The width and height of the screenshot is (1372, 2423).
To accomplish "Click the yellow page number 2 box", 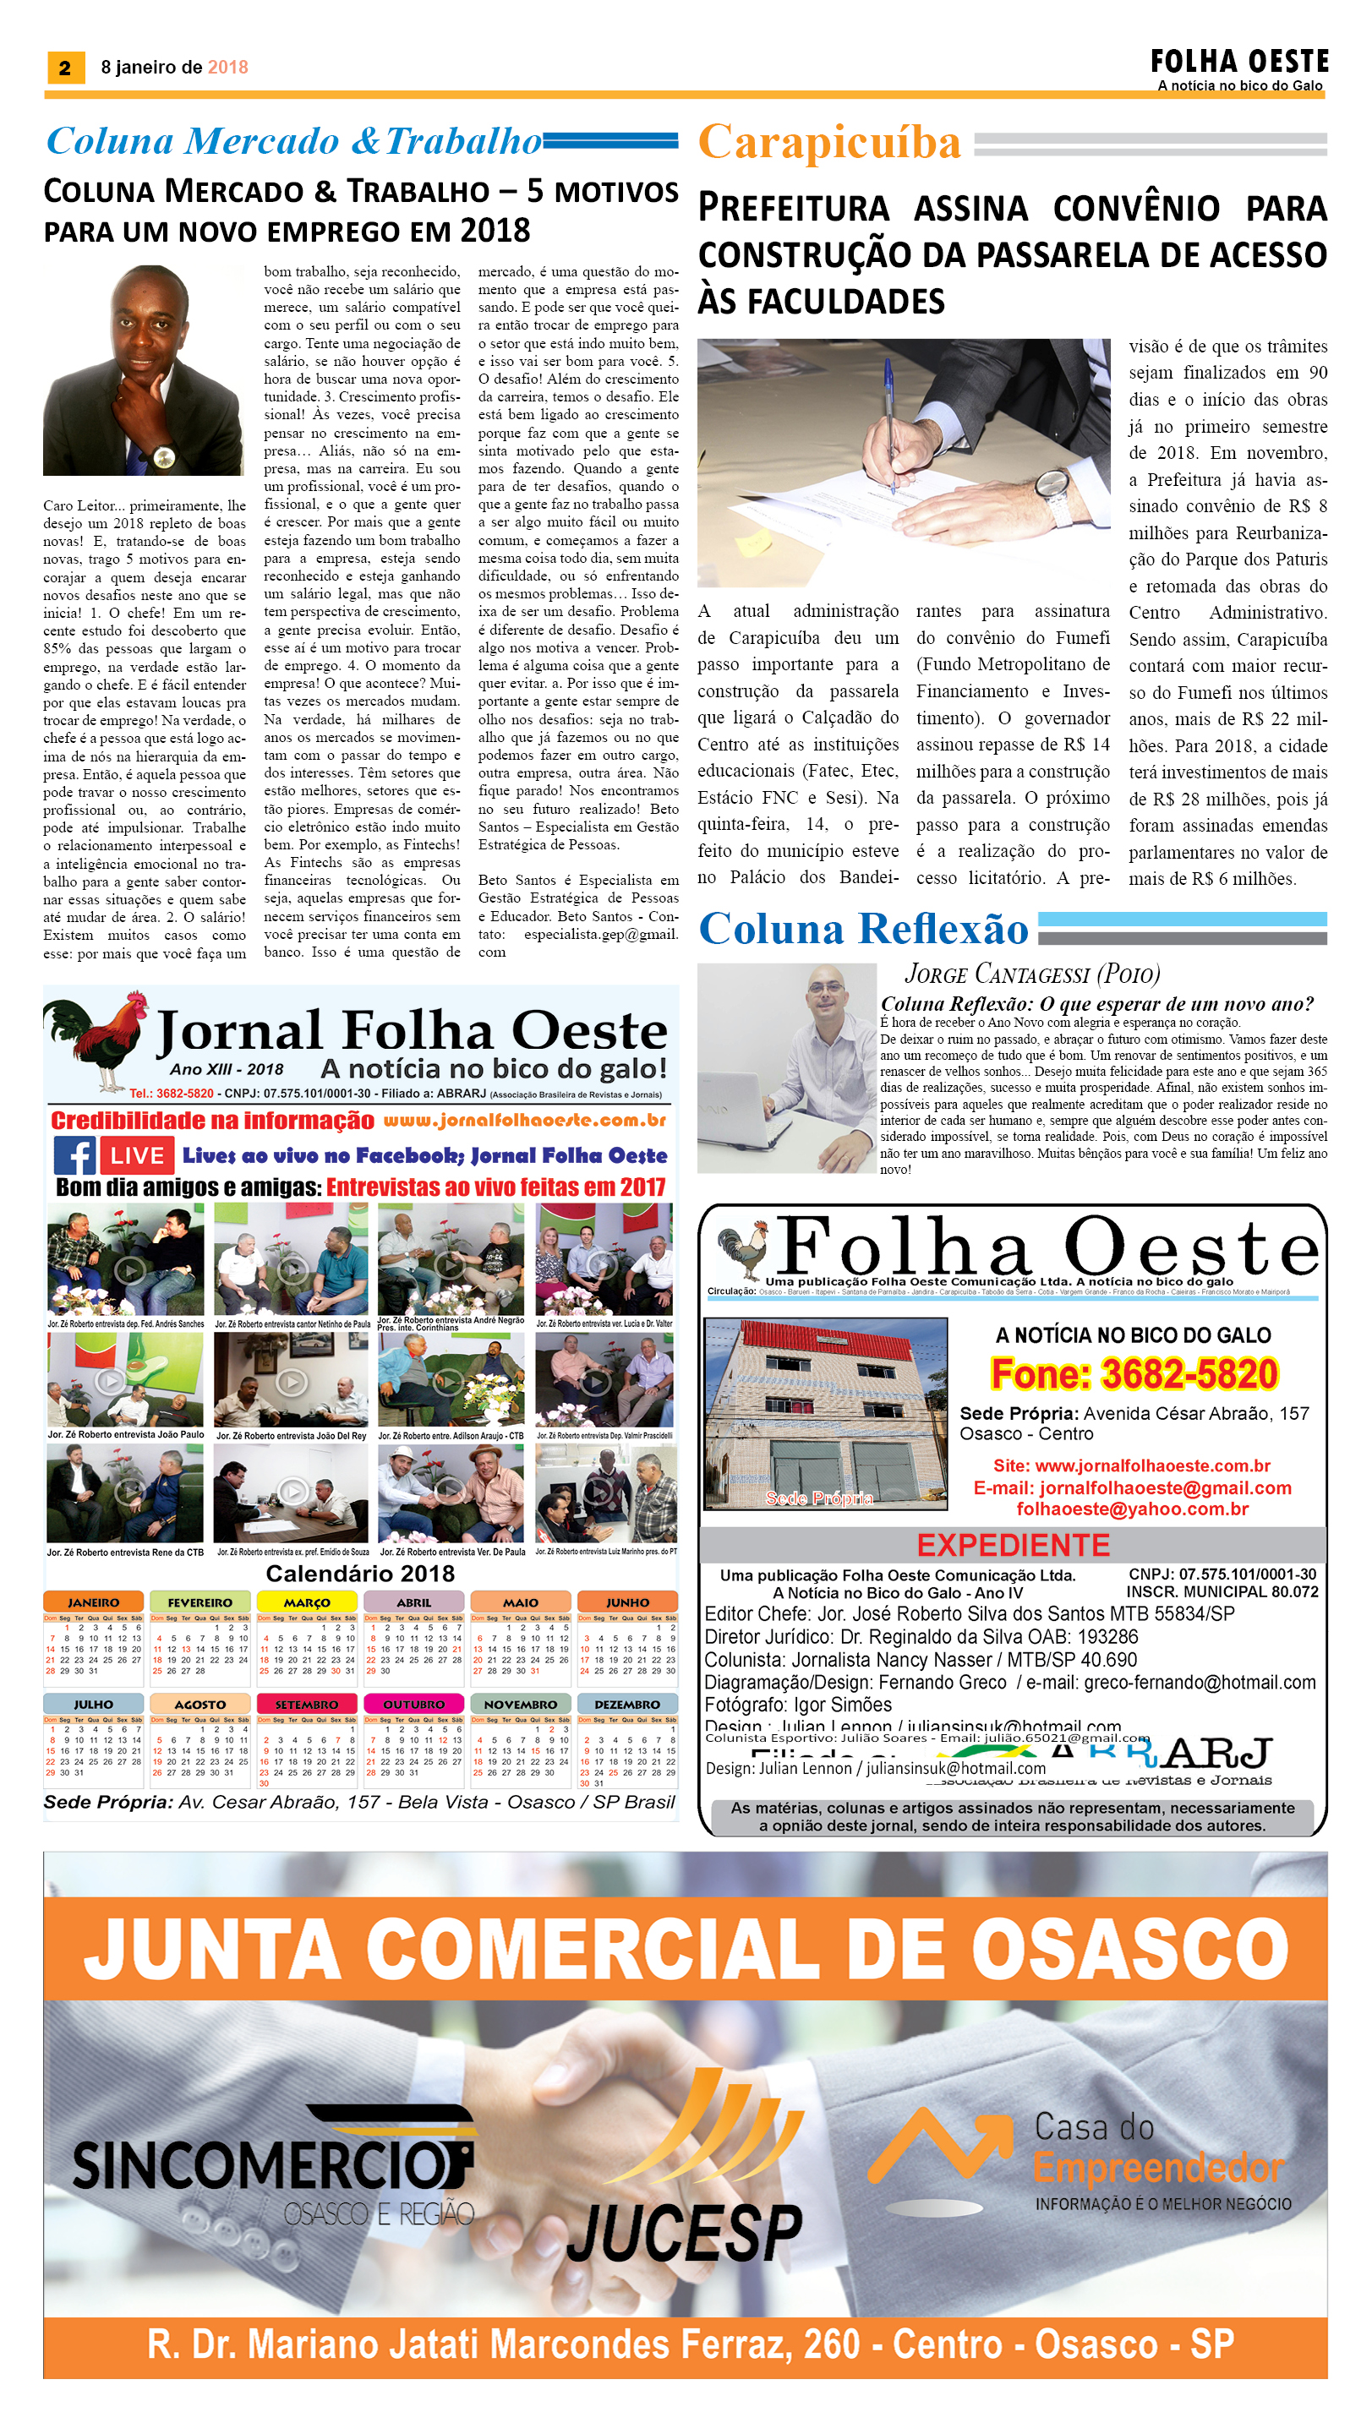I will click(65, 67).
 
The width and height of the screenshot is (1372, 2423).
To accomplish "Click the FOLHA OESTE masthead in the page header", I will click(1238, 63).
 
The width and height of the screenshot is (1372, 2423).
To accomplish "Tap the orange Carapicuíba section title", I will click(828, 143).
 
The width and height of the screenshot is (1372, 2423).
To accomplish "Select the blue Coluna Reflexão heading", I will click(863, 928).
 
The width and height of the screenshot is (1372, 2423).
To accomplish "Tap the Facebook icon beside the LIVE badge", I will click(74, 1155).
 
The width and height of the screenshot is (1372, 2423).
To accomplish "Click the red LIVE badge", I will click(137, 1155).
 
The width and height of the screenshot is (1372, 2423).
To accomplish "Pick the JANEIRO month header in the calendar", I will click(93, 1602).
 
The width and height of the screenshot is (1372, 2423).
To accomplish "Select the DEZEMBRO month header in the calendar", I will click(626, 1704).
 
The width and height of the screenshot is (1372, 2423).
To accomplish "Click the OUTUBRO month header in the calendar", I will click(413, 1704).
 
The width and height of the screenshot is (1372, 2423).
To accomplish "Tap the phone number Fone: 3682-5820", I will click(1134, 1373).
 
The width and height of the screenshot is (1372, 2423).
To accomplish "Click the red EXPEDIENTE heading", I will click(1013, 1545).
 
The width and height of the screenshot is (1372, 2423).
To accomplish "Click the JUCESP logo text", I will click(684, 2233).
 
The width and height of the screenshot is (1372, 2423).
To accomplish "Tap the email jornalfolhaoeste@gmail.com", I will click(1132, 1487).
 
